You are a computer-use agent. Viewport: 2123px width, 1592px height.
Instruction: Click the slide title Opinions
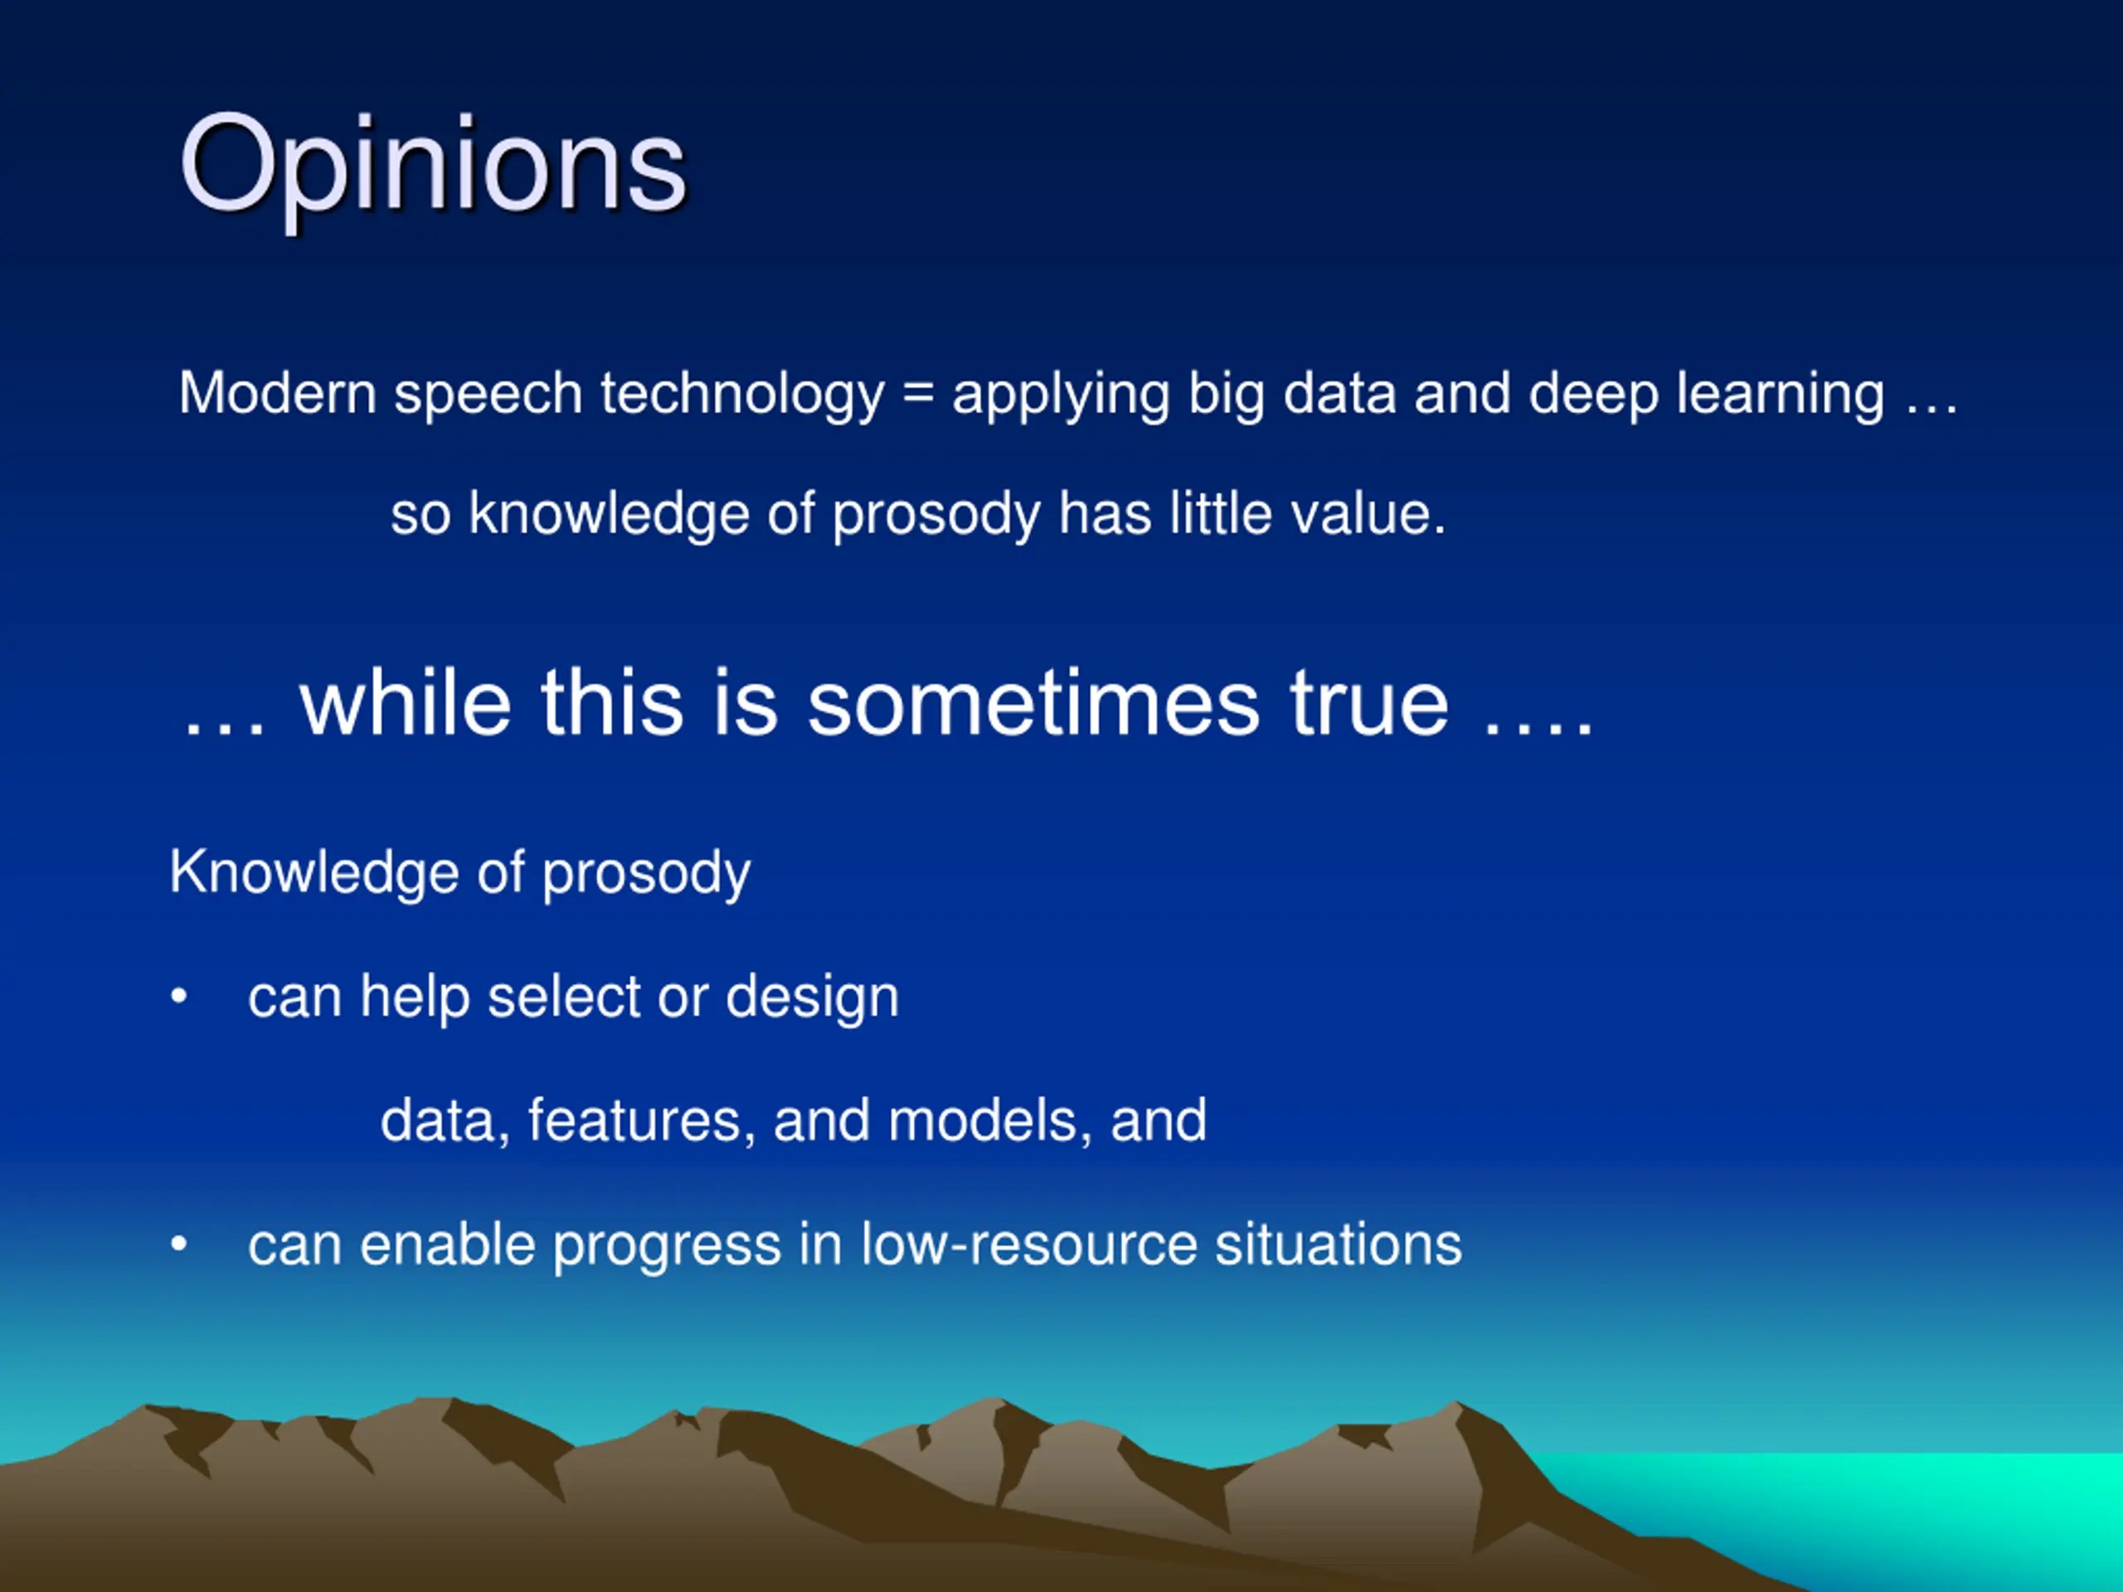[x=433, y=165]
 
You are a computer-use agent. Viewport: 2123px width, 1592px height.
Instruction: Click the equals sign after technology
[x=919, y=395]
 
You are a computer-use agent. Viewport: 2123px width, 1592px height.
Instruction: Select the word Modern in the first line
[x=277, y=394]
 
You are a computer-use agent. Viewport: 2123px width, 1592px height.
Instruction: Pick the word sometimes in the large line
[x=1032, y=703]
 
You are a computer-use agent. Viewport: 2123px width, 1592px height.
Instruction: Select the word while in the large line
[x=405, y=701]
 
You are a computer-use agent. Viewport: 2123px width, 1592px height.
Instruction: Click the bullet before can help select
[x=178, y=997]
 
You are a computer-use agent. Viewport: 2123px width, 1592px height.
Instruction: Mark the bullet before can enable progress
[x=178, y=1245]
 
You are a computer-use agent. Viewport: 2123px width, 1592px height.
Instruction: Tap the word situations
[x=1338, y=1245]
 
